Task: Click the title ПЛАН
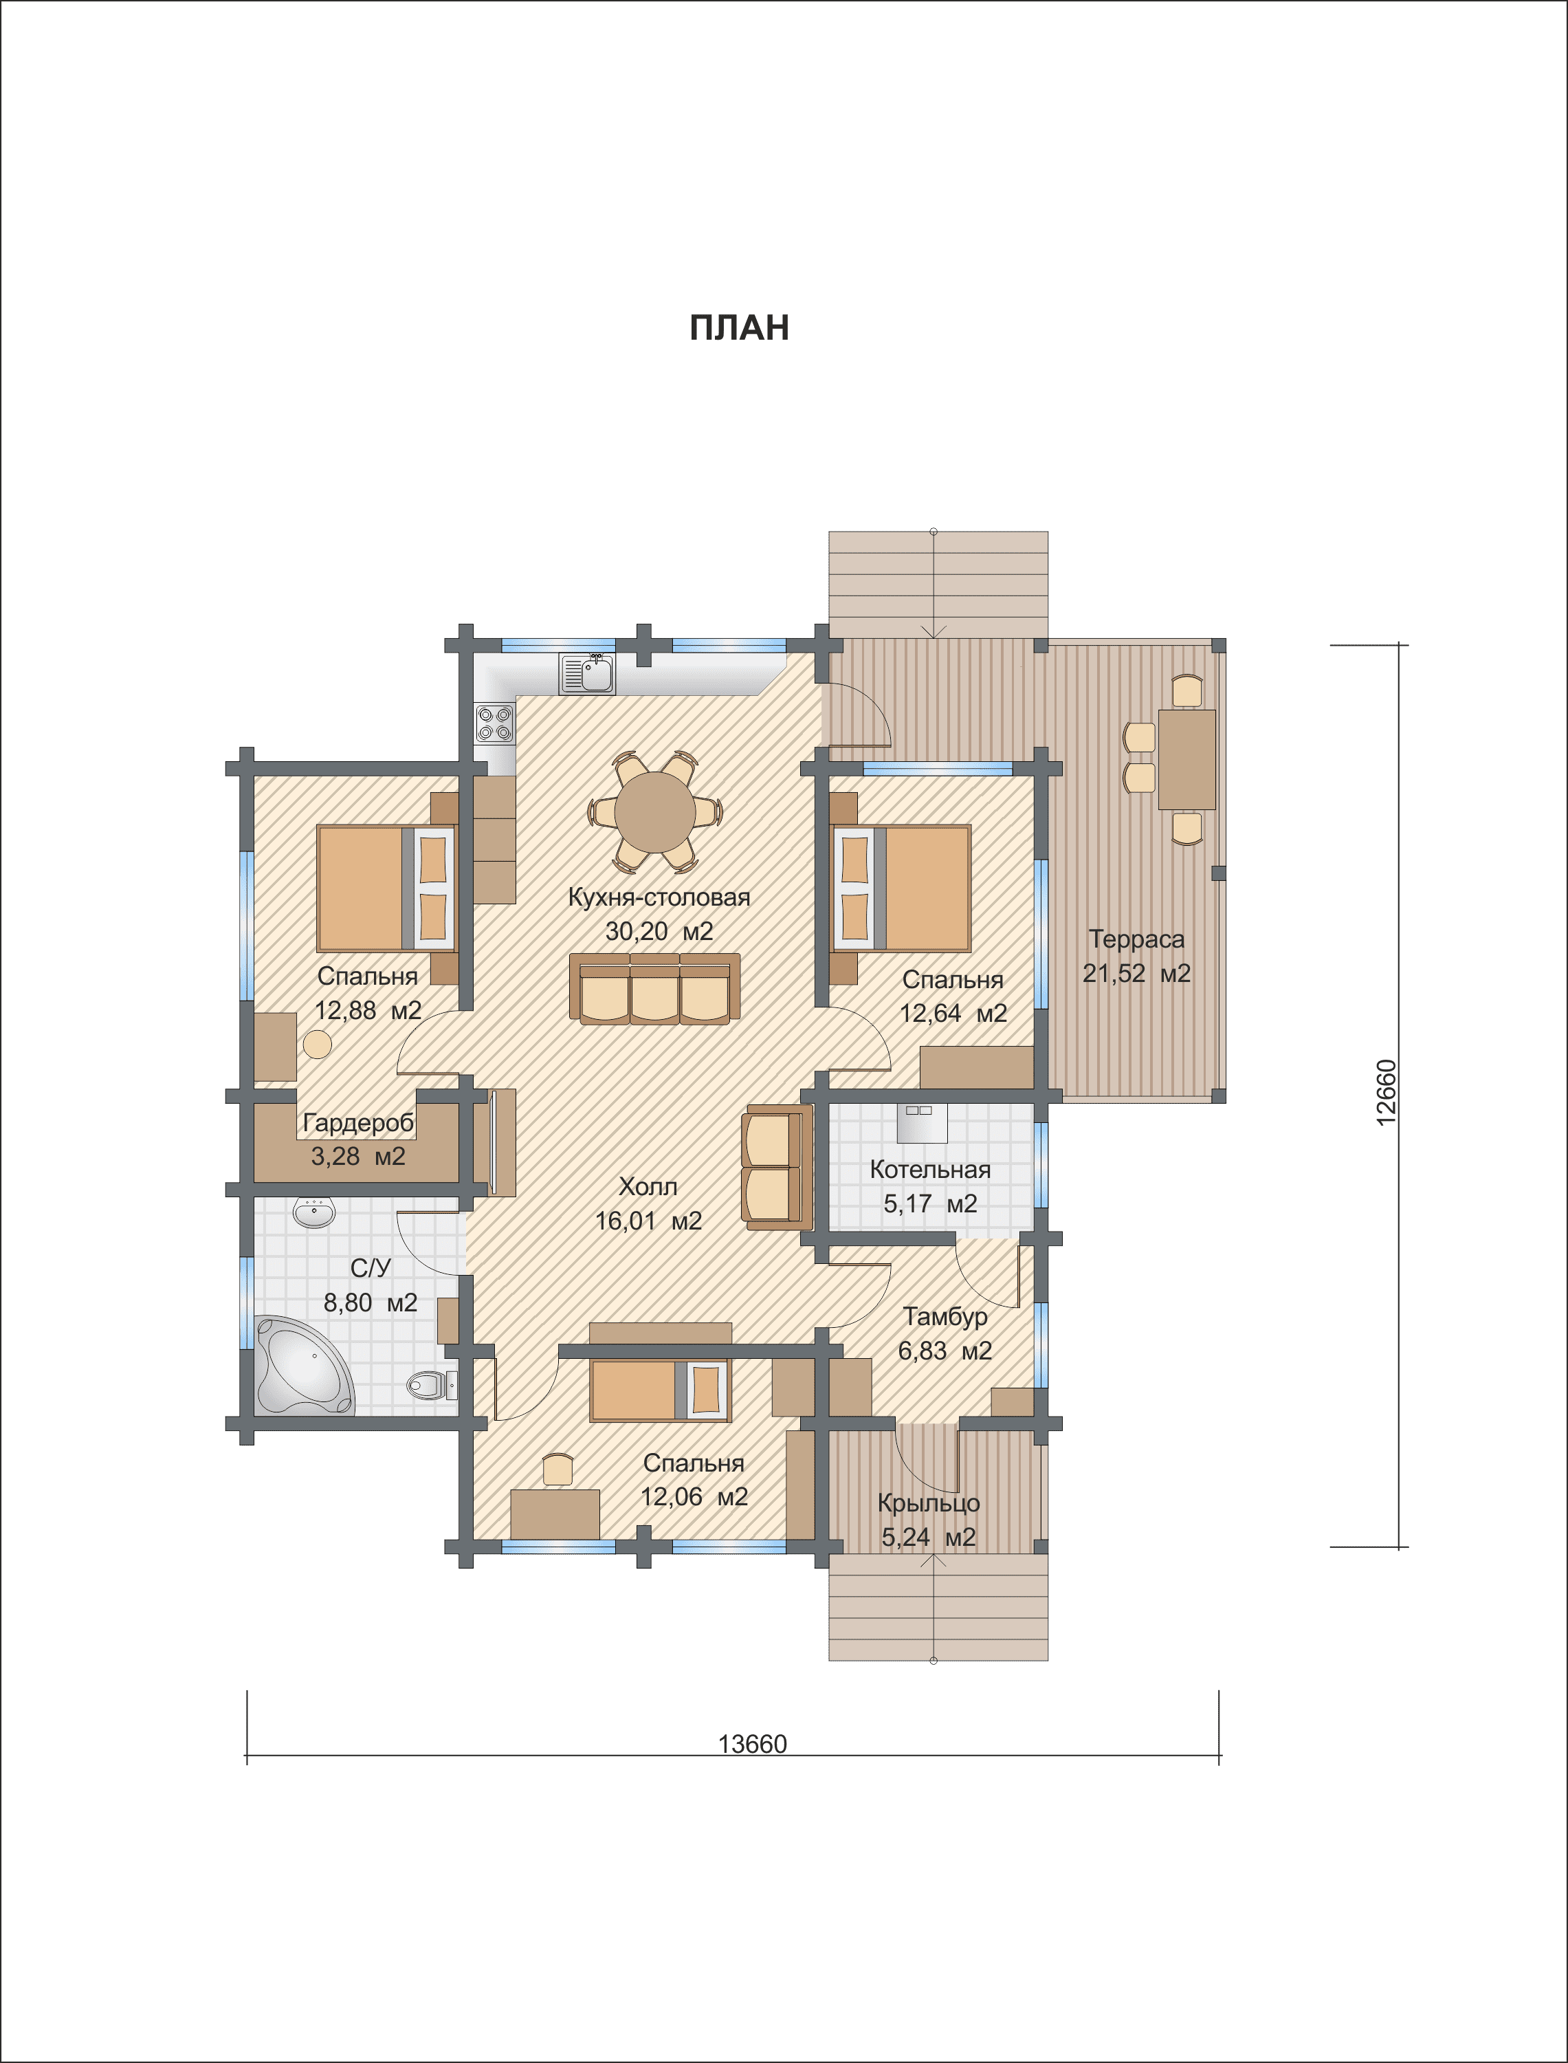coord(739,327)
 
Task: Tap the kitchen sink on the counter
coord(587,673)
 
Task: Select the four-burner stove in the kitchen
coord(495,723)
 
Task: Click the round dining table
coord(654,811)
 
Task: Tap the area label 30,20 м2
coord(659,930)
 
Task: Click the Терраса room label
coord(1136,939)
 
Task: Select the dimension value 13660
coord(752,1744)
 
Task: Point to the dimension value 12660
coord(1387,1092)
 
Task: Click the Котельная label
coord(929,1170)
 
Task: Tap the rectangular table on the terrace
coord(1186,760)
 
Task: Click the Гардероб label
coord(358,1123)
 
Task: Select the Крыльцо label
coord(929,1504)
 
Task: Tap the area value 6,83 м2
coord(945,1351)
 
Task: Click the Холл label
coord(648,1186)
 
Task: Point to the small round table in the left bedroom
coord(318,1045)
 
